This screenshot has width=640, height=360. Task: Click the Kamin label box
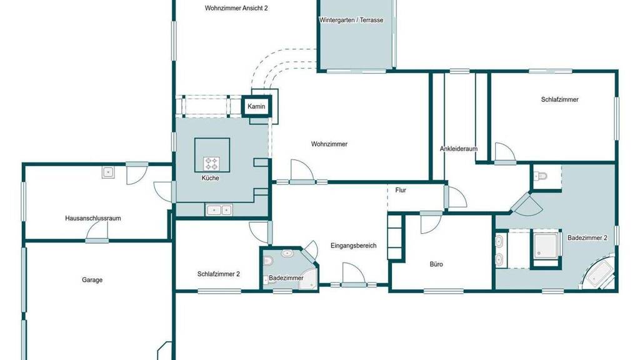(x=256, y=106)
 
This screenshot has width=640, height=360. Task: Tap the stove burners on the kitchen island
(x=211, y=164)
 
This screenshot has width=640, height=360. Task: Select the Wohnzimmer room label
(x=329, y=144)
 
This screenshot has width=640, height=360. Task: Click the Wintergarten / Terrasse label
(x=351, y=20)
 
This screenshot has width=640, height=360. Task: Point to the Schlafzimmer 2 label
(x=218, y=274)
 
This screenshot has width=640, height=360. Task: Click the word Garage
(x=92, y=280)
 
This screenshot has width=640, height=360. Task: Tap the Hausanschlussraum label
(x=93, y=218)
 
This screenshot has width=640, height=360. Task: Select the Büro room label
(x=436, y=264)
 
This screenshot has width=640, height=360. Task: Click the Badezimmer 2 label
(x=587, y=237)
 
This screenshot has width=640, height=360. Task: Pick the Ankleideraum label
(x=458, y=149)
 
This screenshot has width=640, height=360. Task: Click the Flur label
(x=401, y=190)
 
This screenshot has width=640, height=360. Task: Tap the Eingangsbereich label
(x=354, y=246)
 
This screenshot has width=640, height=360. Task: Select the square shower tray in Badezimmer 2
(x=546, y=246)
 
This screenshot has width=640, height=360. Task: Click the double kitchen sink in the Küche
(x=218, y=210)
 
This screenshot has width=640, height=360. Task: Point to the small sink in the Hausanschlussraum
(x=108, y=172)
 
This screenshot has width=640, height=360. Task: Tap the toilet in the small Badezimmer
(x=267, y=260)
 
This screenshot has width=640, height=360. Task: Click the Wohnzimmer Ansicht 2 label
(x=236, y=8)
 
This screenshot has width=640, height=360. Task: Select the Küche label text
(x=210, y=178)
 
